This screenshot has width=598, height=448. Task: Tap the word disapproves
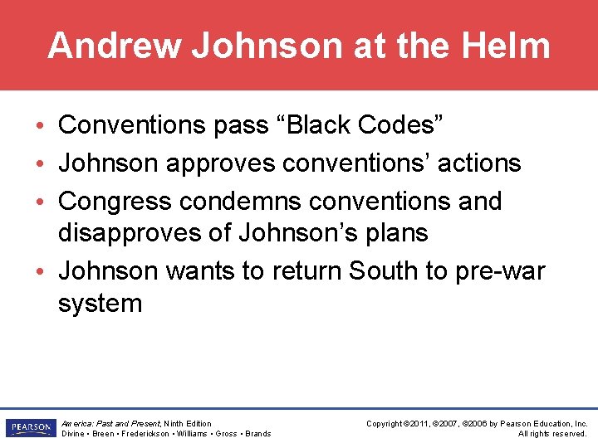click(x=130, y=233)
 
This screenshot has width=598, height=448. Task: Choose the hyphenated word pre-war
click(x=500, y=272)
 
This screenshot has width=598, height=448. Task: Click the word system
click(x=100, y=304)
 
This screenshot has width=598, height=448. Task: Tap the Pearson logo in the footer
click(x=30, y=428)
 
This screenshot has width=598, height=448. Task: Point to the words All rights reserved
click(x=553, y=434)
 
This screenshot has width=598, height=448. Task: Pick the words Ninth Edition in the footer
click(x=188, y=424)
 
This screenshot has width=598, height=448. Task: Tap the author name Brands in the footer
click(x=257, y=434)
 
